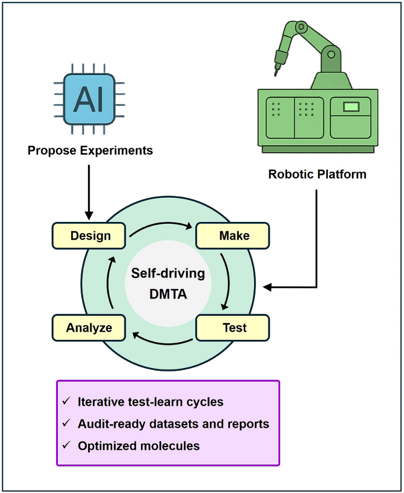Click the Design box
[x=90, y=236]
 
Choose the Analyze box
[x=89, y=328]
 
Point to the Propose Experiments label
[x=90, y=150]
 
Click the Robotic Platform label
[x=317, y=174]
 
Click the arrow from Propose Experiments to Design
[x=89, y=192]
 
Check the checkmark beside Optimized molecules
[x=66, y=446]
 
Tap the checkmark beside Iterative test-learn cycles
[x=66, y=401]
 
